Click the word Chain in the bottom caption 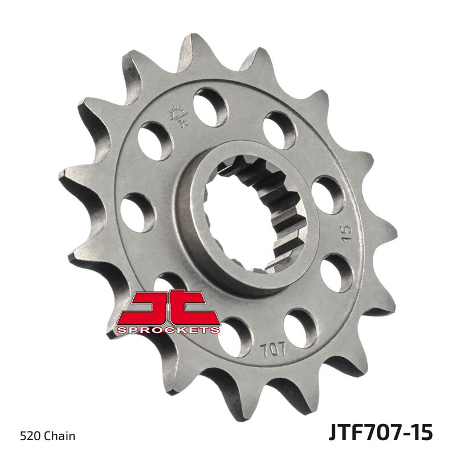[62, 437]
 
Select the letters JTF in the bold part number [347, 431]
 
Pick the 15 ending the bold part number [421, 431]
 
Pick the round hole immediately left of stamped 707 [235, 337]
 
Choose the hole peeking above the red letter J [166, 283]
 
